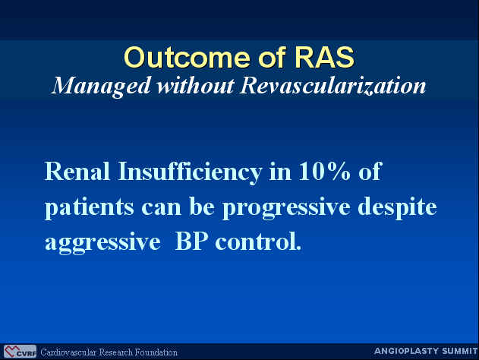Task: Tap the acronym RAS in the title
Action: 324,58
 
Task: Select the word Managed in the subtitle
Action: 101,87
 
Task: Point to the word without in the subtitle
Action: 196,86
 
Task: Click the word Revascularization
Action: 332,86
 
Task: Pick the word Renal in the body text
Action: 77,171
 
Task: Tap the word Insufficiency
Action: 190,172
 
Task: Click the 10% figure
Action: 324,171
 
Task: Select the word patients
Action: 90,208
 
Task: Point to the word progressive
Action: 286,208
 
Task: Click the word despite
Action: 397,207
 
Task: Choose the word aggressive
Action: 102,243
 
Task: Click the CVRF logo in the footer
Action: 20,352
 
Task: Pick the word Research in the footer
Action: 116,352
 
